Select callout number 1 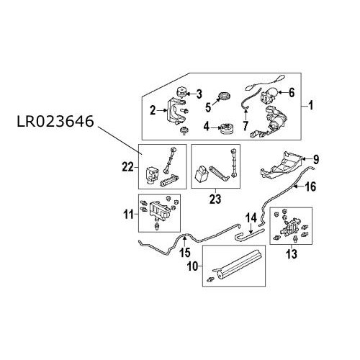[312, 106]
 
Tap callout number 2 [153, 110]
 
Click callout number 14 [251, 217]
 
